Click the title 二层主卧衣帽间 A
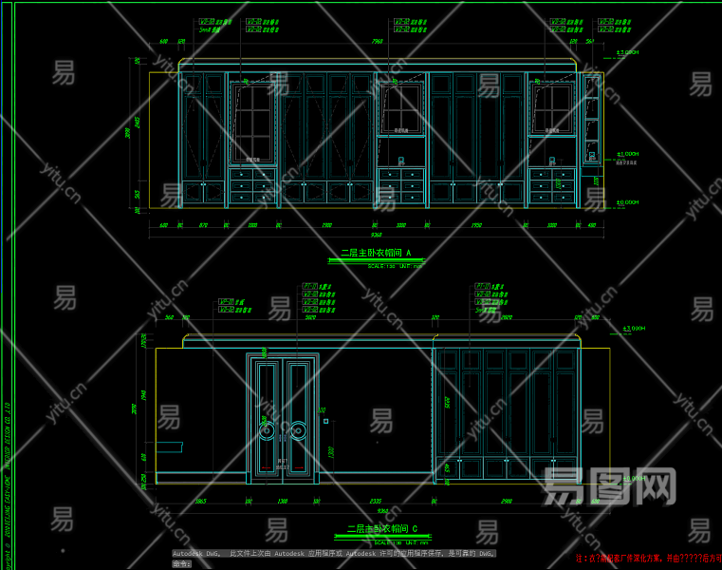pos(376,254)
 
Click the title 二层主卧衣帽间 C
pos(381,528)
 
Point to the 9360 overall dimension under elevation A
pos(377,235)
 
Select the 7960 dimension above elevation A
pos(377,42)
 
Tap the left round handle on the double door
pos(268,431)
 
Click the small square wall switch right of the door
pos(325,420)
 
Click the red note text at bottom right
pos(648,559)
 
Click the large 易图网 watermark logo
pos(608,486)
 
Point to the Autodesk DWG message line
pos(333,553)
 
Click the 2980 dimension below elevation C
pos(507,502)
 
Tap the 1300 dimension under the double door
pos(283,502)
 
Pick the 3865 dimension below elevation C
pos(201,502)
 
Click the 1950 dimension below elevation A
pos(476,226)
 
